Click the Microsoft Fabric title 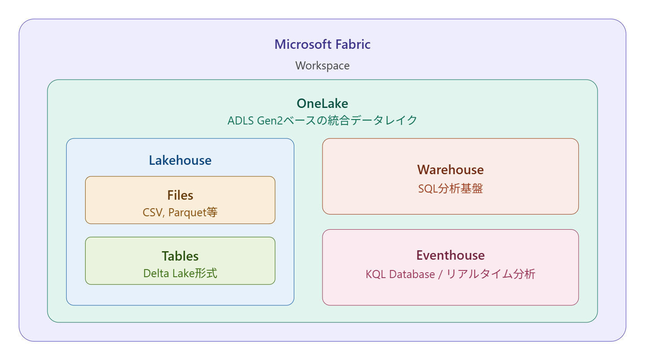pyautogui.click(x=322, y=44)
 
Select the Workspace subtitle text pyautogui.click(x=322, y=66)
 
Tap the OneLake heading pyautogui.click(x=322, y=103)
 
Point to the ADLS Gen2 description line pyautogui.click(x=322, y=120)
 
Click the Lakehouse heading pyautogui.click(x=180, y=160)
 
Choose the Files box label pyautogui.click(x=180, y=195)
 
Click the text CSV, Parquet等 pyautogui.click(x=180, y=212)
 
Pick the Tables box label pyautogui.click(x=180, y=256)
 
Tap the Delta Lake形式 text pyautogui.click(x=180, y=273)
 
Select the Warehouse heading pyautogui.click(x=450, y=170)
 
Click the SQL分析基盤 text pyautogui.click(x=450, y=189)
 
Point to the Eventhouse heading pyautogui.click(x=450, y=255)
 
